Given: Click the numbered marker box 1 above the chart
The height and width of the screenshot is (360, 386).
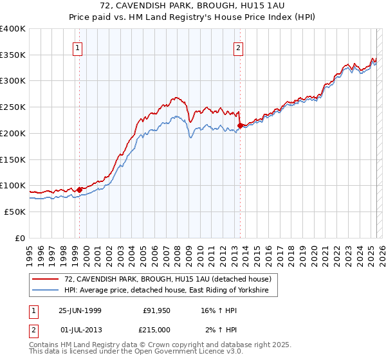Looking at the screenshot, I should point(77,47).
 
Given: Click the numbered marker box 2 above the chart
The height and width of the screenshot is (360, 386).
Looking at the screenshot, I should point(238,47).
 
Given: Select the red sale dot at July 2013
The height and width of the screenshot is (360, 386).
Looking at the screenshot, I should point(240,125).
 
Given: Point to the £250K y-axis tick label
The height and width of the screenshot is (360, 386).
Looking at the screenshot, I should point(13,107).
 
